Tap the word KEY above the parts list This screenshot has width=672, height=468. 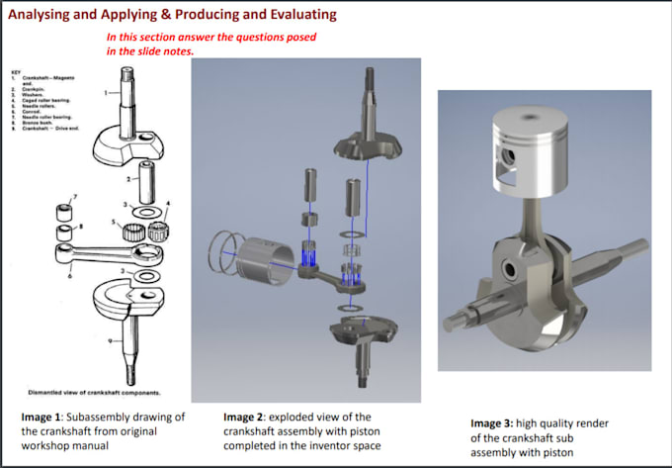click(x=15, y=71)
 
